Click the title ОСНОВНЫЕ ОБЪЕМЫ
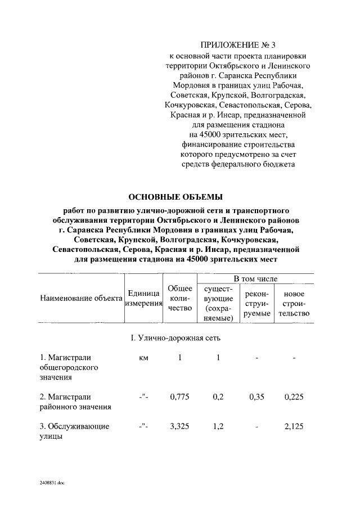175,196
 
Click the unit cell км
143,357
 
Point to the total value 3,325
180,426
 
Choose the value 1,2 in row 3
219,426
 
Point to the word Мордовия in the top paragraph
192,85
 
